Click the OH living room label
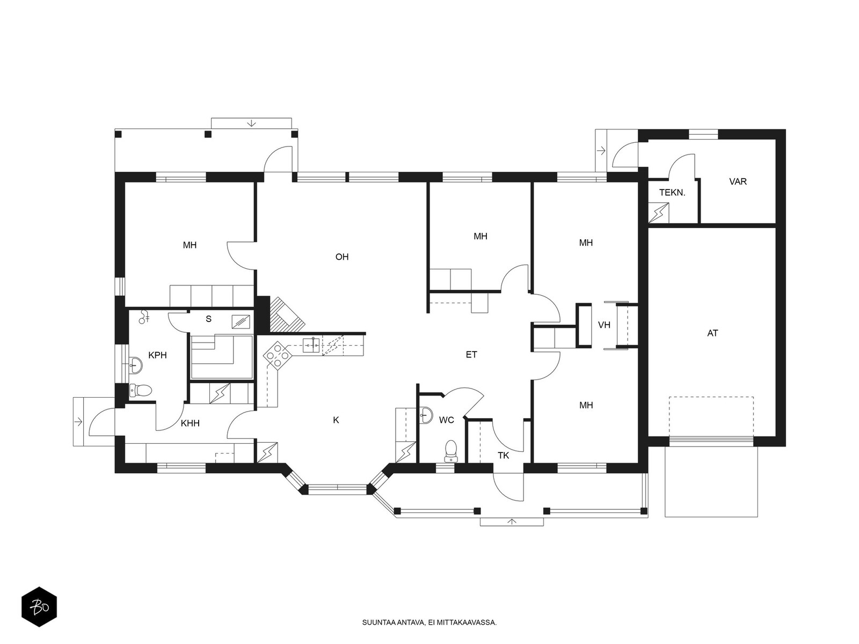click(x=341, y=257)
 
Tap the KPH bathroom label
click(x=157, y=355)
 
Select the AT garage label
click(x=712, y=333)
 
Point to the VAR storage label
click(x=738, y=181)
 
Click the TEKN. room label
click(x=672, y=192)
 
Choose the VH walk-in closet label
click(x=604, y=325)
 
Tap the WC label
click(x=447, y=420)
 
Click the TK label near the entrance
click(x=503, y=456)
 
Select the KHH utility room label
click(x=190, y=423)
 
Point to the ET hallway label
click(x=471, y=355)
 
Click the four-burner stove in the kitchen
click(x=278, y=355)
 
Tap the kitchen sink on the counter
click(x=312, y=345)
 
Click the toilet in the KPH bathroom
click(x=140, y=390)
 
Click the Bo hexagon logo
click(x=39, y=607)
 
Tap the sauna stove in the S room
click(x=241, y=321)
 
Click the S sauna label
click(x=209, y=319)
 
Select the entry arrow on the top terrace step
click(x=251, y=123)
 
